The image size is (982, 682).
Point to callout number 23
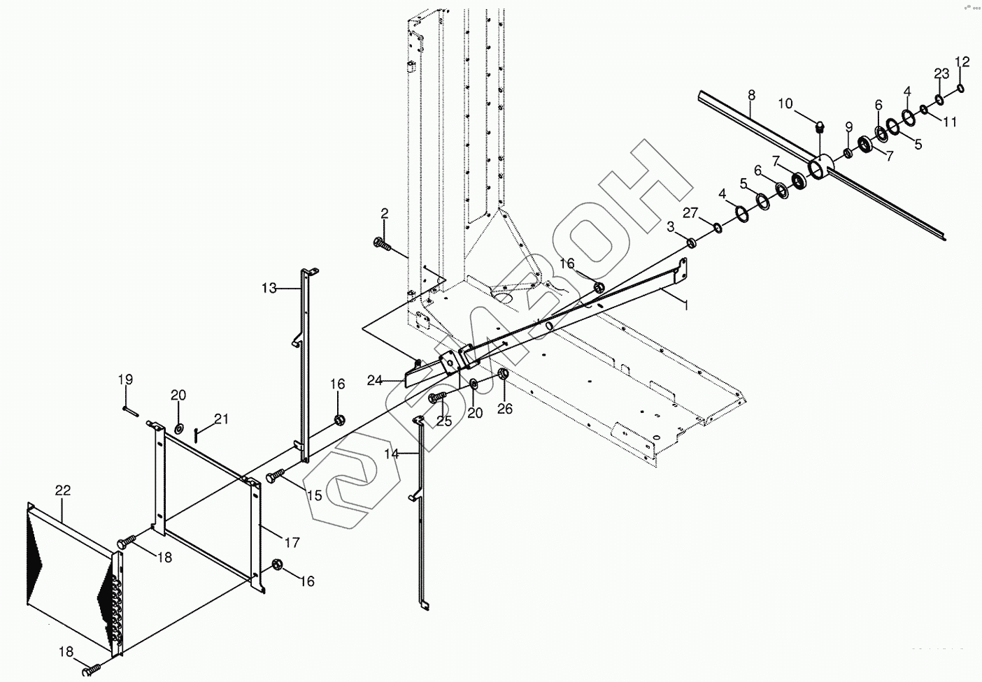[x=941, y=74]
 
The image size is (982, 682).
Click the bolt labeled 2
[x=382, y=243]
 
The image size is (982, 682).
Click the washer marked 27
[x=718, y=228]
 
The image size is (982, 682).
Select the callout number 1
[x=686, y=305]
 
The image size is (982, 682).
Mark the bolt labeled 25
[x=436, y=397]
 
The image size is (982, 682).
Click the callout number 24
[x=375, y=381]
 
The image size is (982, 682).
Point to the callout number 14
[x=392, y=454]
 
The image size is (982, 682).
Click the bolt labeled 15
[x=273, y=477]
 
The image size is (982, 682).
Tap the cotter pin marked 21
[x=199, y=436]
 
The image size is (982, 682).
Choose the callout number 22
[x=62, y=490]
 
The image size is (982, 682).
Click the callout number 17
[x=292, y=542]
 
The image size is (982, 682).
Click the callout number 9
[x=848, y=126]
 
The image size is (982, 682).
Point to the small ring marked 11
[x=925, y=108]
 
